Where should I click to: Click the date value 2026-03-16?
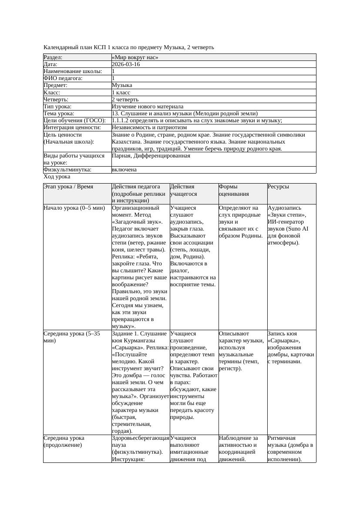coord(126,64)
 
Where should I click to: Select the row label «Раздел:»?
coord(53,57)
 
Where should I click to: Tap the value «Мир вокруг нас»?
coord(135,57)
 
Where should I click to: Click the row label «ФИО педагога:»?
coord(63,78)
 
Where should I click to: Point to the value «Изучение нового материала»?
coord(148,107)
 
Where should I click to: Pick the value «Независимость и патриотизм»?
coord(149,127)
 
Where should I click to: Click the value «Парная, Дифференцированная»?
coord(151,155)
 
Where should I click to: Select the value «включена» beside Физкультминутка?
coord(124,170)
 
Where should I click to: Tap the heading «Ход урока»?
coord(57,177)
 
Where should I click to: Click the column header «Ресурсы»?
coord(278,187)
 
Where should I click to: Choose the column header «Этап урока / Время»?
coord(68,187)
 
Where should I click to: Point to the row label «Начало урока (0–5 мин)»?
coord(74,208)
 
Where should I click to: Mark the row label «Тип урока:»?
coord(57,107)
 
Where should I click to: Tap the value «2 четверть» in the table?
coord(125,100)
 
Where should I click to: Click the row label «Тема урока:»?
coord(59,114)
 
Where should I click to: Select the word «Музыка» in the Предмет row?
coord(122,85)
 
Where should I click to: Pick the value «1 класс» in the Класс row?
coord(121,93)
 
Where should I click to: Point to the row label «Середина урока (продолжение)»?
coord(64,442)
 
